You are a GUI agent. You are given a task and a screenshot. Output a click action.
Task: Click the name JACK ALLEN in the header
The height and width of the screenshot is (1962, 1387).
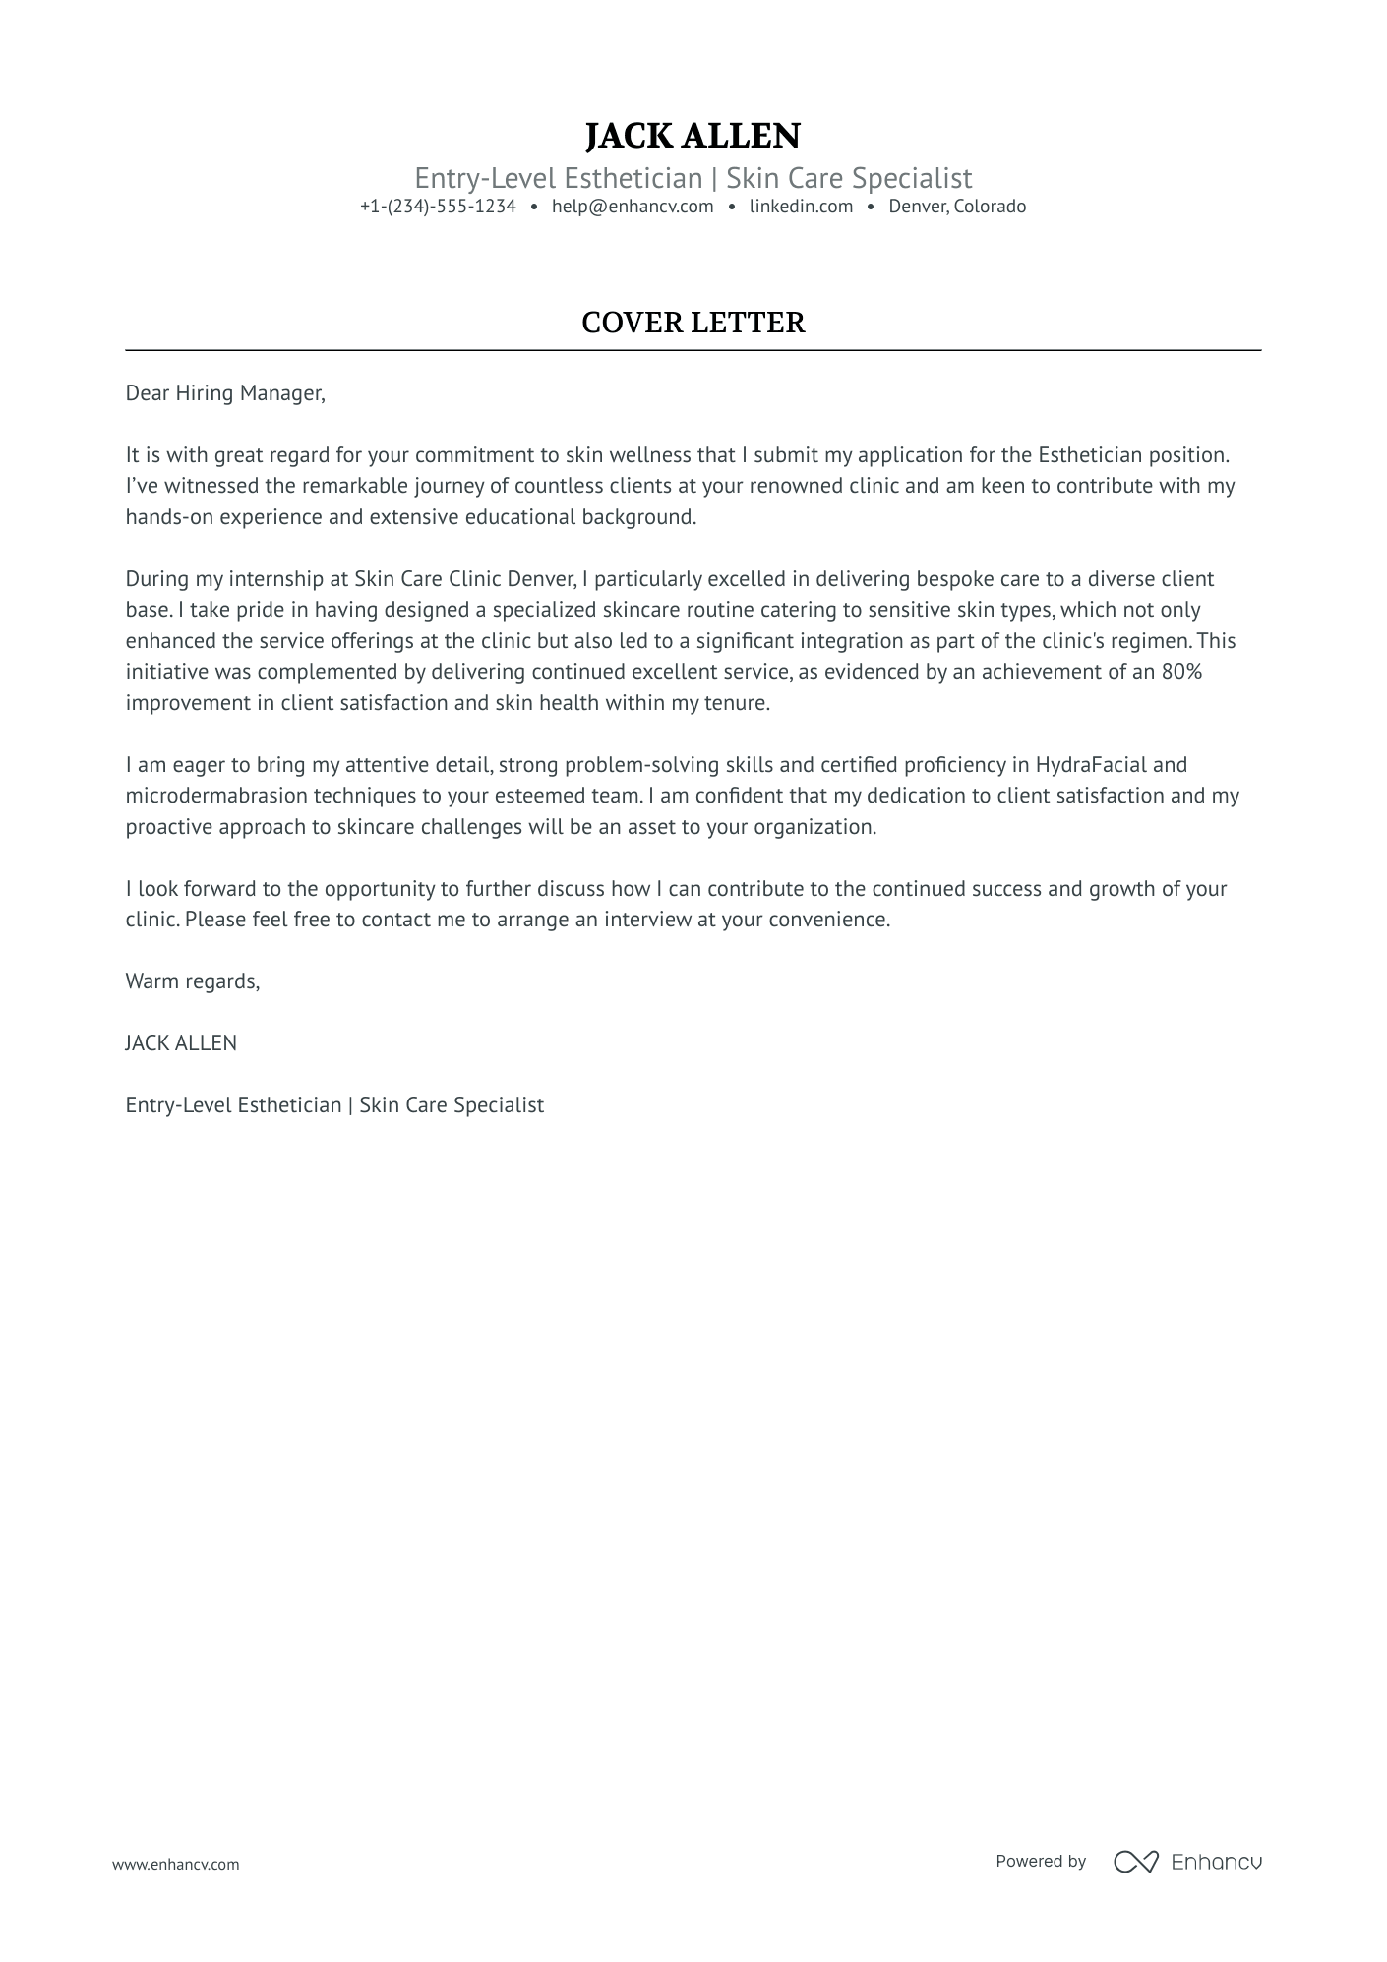pyautogui.click(x=693, y=136)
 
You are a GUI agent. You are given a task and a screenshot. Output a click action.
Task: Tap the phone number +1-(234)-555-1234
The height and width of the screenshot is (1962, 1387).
pyautogui.click(x=438, y=207)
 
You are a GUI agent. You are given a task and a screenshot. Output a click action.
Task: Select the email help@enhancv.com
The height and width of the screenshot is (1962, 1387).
pyautogui.click(x=633, y=207)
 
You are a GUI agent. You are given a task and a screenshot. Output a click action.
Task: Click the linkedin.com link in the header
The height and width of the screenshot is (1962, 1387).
pyautogui.click(x=801, y=207)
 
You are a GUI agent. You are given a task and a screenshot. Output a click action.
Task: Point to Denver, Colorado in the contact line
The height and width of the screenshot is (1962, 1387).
pyautogui.click(x=957, y=207)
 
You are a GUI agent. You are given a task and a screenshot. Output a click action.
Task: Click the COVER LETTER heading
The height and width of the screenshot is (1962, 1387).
pyautogui.click(x=693, y=323)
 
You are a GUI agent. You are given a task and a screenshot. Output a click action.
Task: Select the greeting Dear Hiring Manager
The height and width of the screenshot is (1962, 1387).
pyautogui.click(x=224, y=393)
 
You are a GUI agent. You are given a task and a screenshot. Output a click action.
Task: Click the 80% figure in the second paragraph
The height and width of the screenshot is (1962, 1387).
pyautogui.click(x=1181, y=672)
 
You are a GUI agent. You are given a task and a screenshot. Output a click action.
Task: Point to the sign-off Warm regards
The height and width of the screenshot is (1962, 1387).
pyautogui.click(x=192, y=981)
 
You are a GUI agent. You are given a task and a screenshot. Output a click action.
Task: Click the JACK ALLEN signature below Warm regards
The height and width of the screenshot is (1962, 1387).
pyautogui.click(x=181, y=1043)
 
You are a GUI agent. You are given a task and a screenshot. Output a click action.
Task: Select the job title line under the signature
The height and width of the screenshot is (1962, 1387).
pyautogui.click(x=334, y=1105)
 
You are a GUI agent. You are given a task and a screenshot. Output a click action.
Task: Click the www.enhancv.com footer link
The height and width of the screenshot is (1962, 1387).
pyautogui.click(x=175, y=1864)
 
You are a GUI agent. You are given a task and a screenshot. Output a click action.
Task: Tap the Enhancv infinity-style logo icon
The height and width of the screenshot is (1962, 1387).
pyautogui.click(x=1135, y=1862)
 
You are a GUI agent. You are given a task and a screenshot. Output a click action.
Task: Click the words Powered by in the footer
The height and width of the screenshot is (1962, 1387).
pyautogui.click(x=1040, y=1862)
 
